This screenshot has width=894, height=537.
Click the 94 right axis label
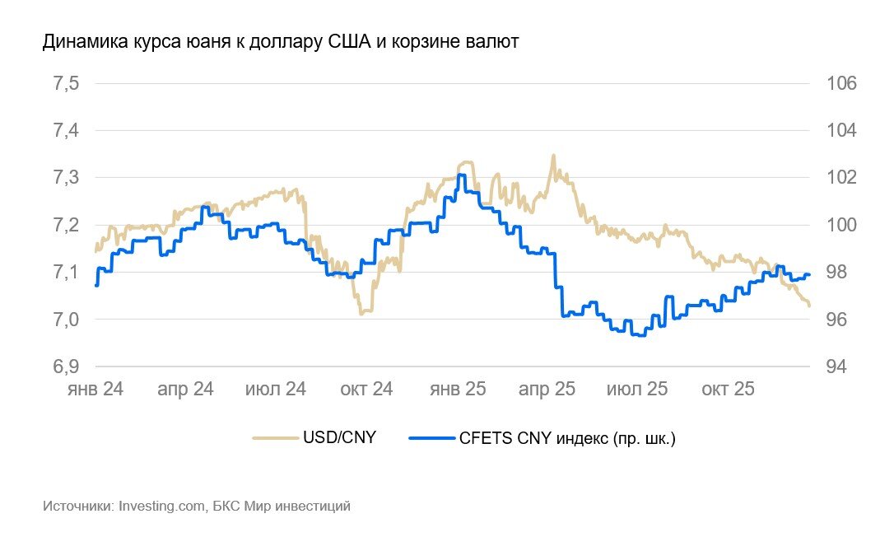826,367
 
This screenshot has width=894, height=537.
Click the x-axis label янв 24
95,389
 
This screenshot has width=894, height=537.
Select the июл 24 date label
275,389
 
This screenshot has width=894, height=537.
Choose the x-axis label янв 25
457,389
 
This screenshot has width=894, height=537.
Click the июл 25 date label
637,389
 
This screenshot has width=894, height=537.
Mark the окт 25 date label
727,389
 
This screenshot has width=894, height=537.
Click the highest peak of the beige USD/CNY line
552,155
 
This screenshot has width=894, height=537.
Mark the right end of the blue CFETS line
809,274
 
